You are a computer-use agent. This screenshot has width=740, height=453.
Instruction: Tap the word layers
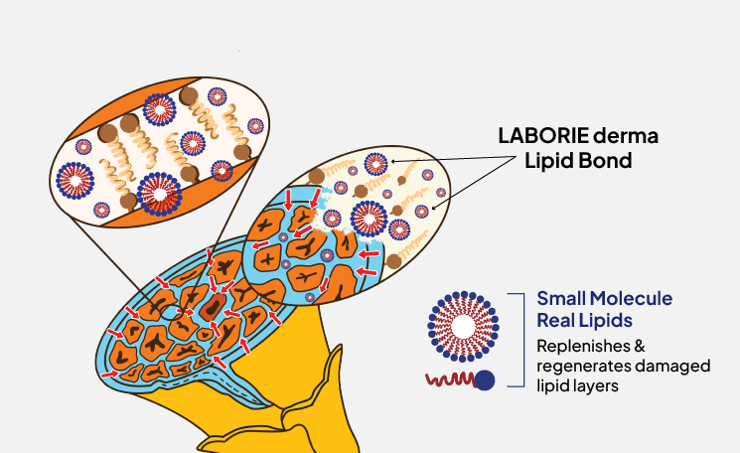click(x=600, y=385)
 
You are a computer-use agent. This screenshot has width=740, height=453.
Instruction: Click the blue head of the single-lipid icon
click(x=485, y=380)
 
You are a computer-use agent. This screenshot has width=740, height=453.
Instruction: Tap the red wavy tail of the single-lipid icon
click(x=446, y=379)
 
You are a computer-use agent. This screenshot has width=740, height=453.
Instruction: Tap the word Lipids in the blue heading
click(x=605, y=320)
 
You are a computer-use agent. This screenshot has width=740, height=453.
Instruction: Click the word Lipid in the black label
click(x=554, y=160)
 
